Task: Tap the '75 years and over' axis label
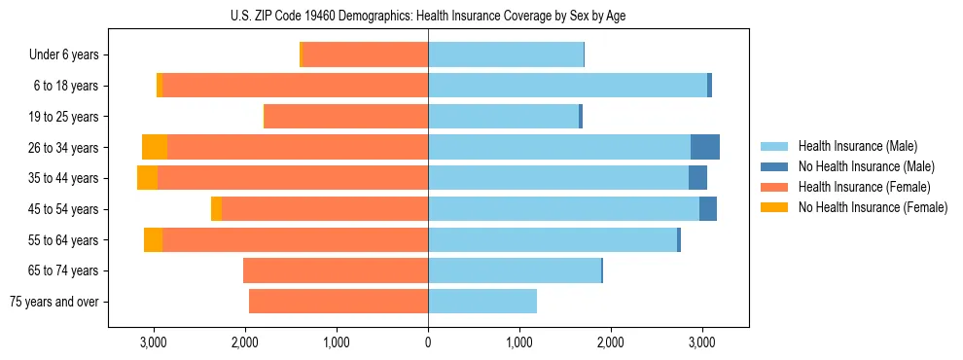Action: tap(53, 302)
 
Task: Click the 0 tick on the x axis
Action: tap(428, 342)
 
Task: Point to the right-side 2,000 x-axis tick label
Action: tap(611, 342)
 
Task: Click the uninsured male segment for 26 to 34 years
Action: tap(705, 147)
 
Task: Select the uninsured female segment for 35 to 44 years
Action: tap(147, 178)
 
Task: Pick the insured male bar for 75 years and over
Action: tap(482, 302)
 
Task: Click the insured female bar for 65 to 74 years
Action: tap(336, 270)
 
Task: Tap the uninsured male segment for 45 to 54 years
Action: tap(708, 209)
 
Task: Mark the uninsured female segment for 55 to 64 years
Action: tap(153, 240)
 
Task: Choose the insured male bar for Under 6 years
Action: tap(506, 55)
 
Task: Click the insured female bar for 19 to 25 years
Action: tap(346, 117)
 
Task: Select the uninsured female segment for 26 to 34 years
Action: tap(155, 147)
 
